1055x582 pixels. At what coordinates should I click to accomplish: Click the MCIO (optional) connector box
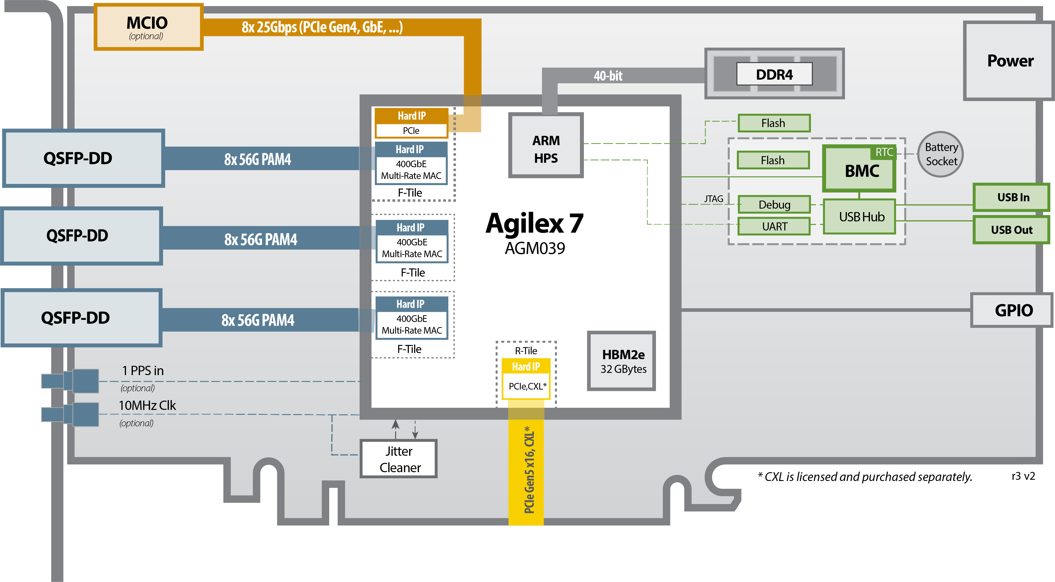[148, 27]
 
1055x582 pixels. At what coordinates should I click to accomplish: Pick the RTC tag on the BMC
[884, 152]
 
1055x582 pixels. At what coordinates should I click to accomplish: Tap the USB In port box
[1012, 197]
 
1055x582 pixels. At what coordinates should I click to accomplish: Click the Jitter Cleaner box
[399, 459]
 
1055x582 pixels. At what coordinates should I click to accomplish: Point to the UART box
[774, 226]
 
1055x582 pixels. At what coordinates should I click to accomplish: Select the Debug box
[774, 204]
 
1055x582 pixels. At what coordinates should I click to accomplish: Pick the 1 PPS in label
[142, 371]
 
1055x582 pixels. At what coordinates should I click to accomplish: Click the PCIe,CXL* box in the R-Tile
[527, 386]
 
